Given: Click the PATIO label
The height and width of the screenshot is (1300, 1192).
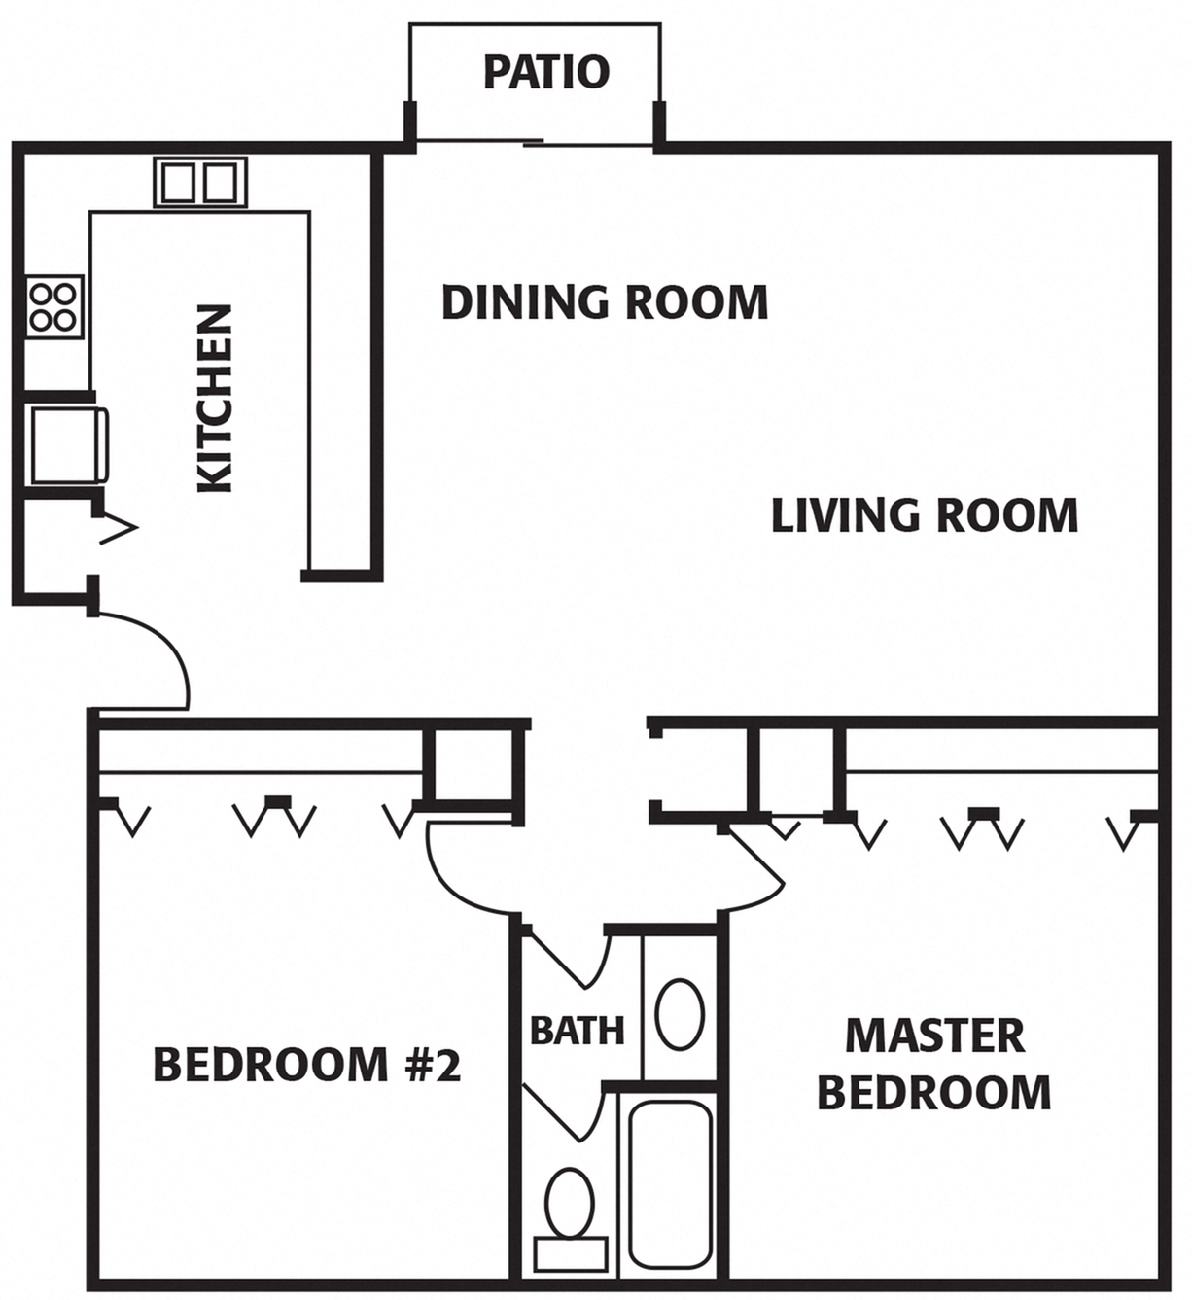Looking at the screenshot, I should click(545, 72).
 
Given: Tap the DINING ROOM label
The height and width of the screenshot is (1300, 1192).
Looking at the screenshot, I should click(604, 301).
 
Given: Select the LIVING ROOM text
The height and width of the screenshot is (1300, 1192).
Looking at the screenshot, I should click(924, 514).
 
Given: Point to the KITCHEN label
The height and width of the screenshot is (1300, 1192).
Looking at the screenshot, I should click(215, 399).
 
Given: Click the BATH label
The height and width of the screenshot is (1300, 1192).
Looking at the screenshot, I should click(577, 1030).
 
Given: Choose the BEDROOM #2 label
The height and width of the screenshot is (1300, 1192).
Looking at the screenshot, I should click(306, 1065).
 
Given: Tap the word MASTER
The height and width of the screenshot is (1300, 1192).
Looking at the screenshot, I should click(934, 1036).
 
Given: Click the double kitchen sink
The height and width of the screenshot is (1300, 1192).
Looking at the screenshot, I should click(199, 182).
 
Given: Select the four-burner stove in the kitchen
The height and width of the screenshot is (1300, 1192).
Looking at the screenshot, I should click(53, 305).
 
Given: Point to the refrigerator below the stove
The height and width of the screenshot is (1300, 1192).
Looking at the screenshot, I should click(66, 444).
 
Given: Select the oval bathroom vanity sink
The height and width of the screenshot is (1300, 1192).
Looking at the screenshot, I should click(680, 1013).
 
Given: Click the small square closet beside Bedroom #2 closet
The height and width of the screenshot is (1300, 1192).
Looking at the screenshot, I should click(472, 763).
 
